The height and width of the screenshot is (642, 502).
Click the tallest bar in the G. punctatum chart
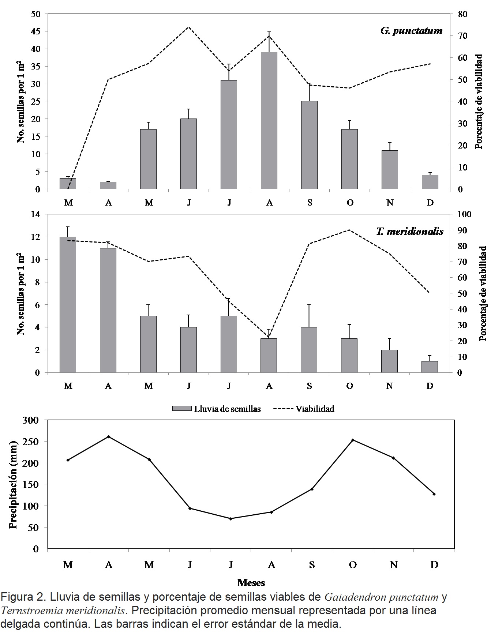[x=269, y=121]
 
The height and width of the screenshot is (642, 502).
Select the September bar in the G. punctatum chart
[x=309, y=145]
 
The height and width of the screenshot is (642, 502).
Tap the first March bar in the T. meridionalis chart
[x=68, y=305]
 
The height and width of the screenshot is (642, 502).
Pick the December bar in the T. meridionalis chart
[x=430, y=367]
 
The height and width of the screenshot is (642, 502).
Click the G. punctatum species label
[x=411, y=30]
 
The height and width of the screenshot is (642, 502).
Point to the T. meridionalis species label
[x=409, y=231]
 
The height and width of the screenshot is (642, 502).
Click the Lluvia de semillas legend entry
[x=217, y=409]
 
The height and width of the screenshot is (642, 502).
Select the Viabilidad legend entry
[x=304, y=409]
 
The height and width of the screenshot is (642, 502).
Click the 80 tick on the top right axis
[x=462, y=14]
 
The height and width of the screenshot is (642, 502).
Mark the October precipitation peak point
[x=353, y=440]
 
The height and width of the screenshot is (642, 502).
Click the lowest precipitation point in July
[x=231, y=519]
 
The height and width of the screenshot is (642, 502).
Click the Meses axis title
[x=251, y=583]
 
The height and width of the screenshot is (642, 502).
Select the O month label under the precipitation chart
[x=353, y=565]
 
